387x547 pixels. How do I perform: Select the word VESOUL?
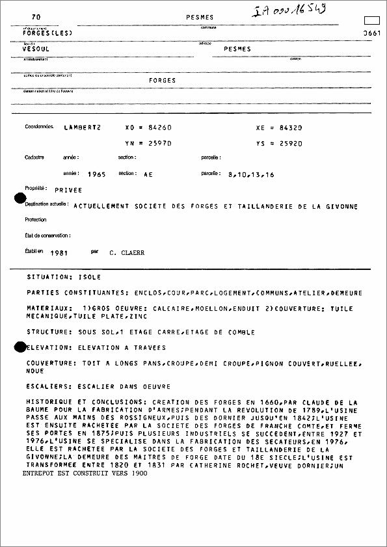(x=36, y=49)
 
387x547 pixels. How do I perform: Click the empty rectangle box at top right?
(x=371, y=20)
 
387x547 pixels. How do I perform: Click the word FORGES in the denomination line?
(x=163, y=81)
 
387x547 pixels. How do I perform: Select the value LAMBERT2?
(x=82, y=127)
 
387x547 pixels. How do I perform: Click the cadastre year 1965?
(x=96, y=174)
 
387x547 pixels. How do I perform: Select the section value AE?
(x=148, y=174)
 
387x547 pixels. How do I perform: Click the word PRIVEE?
(x=69, y=190)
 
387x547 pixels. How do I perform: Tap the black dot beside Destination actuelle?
(x=20, y=198)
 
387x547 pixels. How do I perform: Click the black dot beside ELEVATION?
(x=20, y=347)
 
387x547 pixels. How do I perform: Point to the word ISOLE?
(x=90, y=277)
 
